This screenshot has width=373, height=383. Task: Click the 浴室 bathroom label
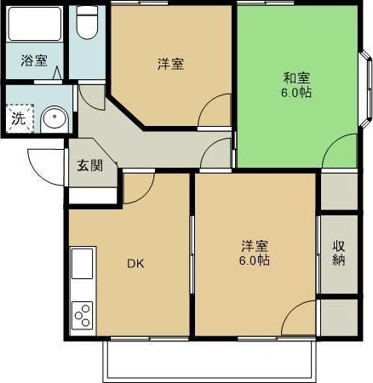[x=34, y=60]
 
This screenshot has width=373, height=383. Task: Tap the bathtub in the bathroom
[x=35, y=24]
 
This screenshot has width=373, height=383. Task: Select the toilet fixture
[x=88, y=22]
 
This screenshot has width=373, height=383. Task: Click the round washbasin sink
[x=55, y=119]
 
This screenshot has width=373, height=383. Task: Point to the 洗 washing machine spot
[x=19, y=118]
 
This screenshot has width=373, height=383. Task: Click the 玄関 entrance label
[x=90, y=165]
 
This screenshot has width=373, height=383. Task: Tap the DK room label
[x=135, y=264]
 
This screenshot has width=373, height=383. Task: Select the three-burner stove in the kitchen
[x=83, y=315]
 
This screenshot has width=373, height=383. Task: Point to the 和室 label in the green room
[x=296, y=78]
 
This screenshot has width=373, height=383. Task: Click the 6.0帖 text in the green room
[x=296, y=93]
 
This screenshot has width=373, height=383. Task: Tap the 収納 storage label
[x=339, y=253]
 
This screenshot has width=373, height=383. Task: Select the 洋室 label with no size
[x=171, y=64]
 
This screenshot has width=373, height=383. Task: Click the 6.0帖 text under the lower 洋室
[x=255, y=260]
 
